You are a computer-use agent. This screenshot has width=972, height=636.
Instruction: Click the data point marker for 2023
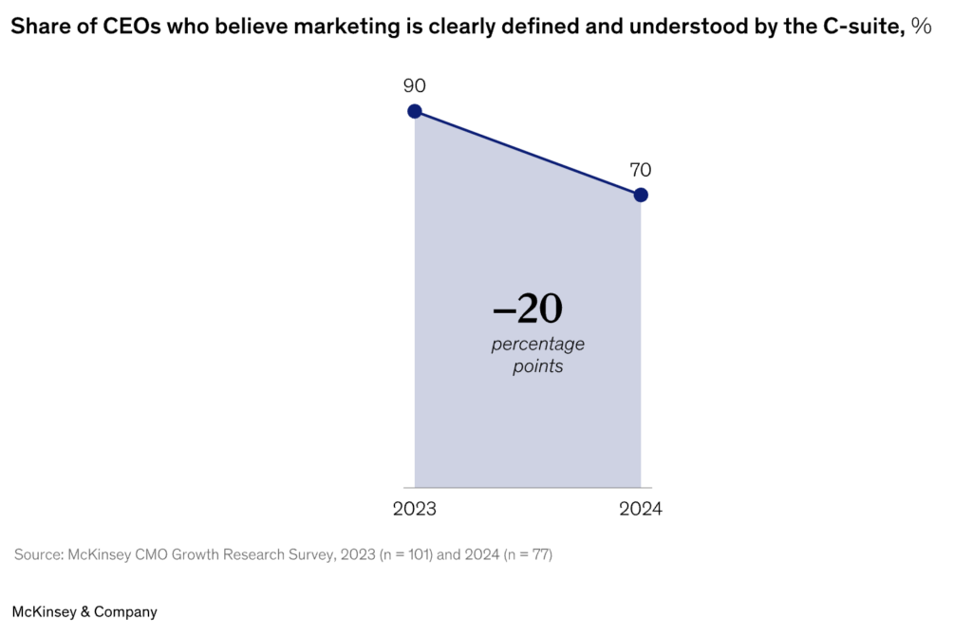coord(415,111)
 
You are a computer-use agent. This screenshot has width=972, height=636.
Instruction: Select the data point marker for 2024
coord(641,195)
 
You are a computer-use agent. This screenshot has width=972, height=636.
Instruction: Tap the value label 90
coord(415,86)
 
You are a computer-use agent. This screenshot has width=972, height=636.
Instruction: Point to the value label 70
coord(641,170)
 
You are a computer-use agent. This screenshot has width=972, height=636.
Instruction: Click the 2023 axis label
coord(415,510)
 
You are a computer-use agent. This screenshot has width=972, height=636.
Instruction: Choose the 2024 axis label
coord(641,510)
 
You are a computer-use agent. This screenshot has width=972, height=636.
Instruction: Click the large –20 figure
coord(528,309)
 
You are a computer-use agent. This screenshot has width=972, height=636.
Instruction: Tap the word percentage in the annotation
coord(538,344)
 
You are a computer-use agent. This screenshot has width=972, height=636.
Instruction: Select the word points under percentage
coord(538,366)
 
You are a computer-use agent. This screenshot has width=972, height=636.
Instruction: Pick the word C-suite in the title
coord(861,28)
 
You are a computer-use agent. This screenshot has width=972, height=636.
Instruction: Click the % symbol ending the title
coord(921,28)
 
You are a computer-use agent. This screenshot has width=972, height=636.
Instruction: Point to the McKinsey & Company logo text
coord(84,612)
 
